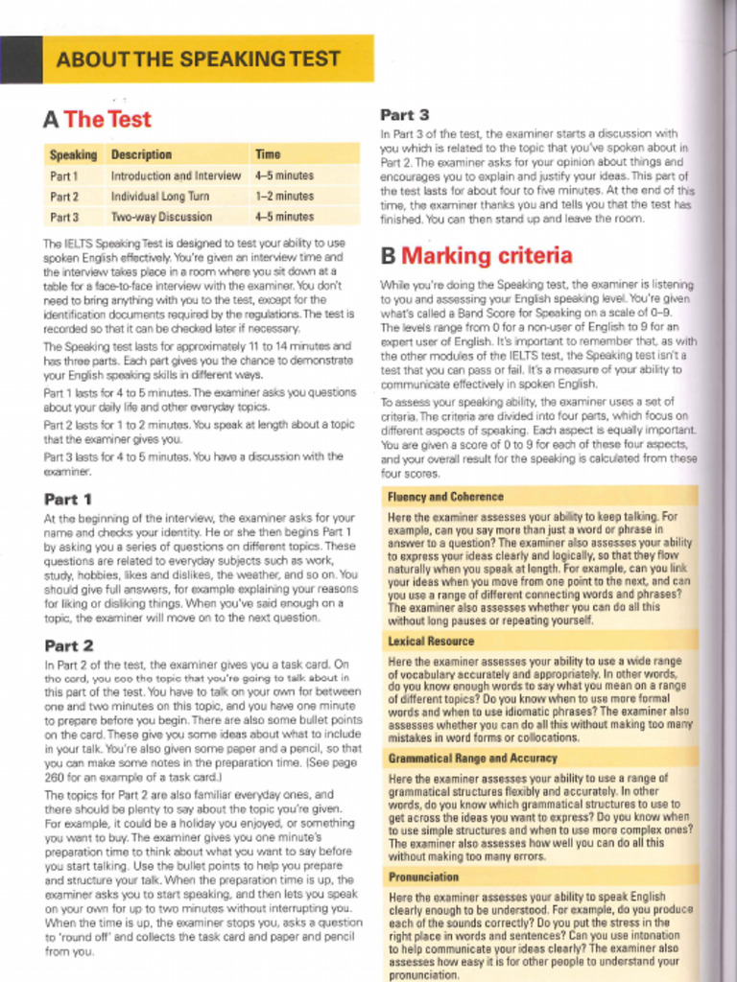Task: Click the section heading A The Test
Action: [97, 120]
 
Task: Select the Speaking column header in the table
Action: [73, 154]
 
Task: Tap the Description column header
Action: [141, 154]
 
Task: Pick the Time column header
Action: [268, 154]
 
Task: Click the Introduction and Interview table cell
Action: [176, 176]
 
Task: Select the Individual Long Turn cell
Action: [159, 197]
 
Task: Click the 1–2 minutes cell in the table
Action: [284, 197]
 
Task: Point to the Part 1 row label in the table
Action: [63, 176]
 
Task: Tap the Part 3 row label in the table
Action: [63, 218]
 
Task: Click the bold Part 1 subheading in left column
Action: [68, 500]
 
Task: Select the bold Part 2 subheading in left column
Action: [68, 645]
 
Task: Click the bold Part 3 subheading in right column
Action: [404, 115]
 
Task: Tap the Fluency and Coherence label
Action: [445, 497]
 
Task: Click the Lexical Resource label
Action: [431, 641]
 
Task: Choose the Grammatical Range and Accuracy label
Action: [472, 759]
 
